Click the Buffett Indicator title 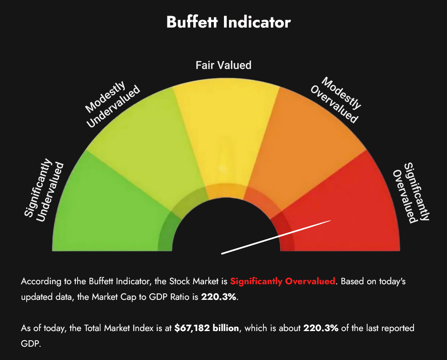point(228,22)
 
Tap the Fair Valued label point(223,65)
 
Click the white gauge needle point(276,237)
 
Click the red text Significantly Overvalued point(283,281)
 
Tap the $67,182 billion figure point(207,328)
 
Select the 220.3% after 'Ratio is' point(219,297)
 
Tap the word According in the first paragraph point(40,281)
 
